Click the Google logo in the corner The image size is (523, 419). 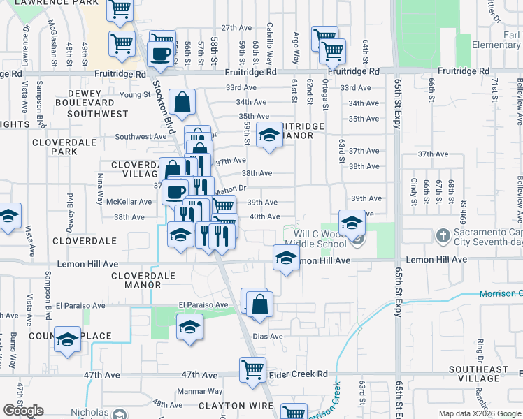23,411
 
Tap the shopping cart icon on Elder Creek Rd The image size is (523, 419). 252,369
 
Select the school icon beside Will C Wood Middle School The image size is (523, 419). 351,223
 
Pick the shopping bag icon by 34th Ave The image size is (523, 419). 181,103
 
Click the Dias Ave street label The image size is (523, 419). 267,336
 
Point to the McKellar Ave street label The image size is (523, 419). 129,202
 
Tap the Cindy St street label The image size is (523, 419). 415,188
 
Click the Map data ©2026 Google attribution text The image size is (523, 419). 479,413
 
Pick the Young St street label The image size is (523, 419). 135,95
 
